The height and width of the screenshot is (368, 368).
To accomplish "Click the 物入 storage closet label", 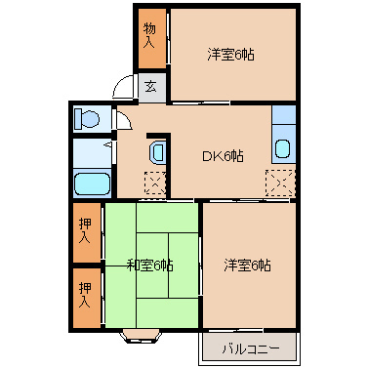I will coord(149,37).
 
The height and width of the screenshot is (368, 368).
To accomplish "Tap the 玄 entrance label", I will coord(151,87).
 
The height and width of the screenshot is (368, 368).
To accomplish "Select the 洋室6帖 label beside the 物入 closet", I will coord(231,56).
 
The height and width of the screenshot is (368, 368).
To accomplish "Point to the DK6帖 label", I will coord(224,156).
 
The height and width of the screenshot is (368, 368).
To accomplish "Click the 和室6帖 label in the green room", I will coord(150,265).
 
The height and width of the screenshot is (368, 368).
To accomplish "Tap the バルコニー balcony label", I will coord(250,348).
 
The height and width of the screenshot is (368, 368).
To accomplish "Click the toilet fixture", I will coord(87,119).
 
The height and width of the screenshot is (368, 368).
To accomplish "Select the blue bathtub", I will coord(91,183).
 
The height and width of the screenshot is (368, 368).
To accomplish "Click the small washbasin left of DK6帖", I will coord(157,152).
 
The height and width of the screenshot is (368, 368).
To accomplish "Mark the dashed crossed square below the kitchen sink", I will coord(280,182).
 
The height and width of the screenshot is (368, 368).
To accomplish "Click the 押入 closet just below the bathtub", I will coord(86,231).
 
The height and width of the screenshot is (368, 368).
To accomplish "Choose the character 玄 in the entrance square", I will coord(151,87).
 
